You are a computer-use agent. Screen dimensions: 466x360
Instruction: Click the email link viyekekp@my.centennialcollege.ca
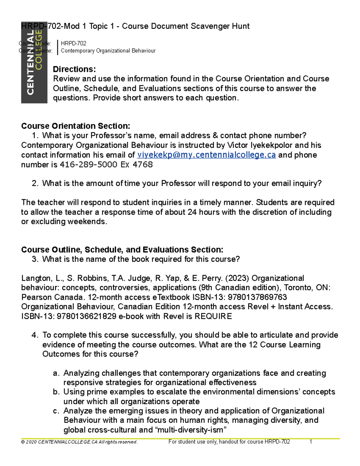click(x=206, y=155)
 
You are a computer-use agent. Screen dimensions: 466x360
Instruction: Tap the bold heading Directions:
click(x=74, y=69)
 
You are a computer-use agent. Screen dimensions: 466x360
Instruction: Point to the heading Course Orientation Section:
click(x=76, y=126)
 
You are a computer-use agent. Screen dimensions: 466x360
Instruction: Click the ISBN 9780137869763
click(x=257, y=297)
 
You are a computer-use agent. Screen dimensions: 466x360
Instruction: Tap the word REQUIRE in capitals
click(x=213, y=316)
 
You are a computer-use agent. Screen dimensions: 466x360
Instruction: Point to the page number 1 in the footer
click(x=311, y=442)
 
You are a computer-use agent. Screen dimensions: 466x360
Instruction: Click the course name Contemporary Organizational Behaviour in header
click(x=108, y=51)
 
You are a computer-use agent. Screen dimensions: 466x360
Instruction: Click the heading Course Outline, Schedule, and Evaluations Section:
click(x=122, y=250)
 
